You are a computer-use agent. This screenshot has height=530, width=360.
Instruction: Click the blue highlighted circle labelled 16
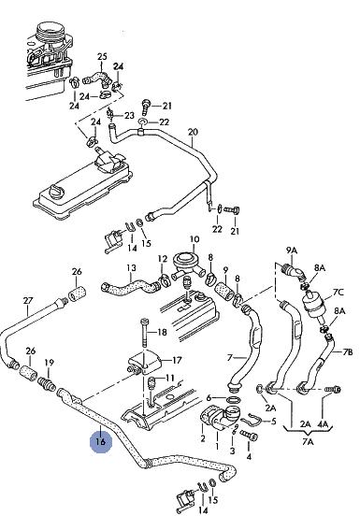pyautogui.click(x=101, y=441)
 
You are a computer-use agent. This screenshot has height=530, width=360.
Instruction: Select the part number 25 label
pyautogui.click(x=102, y=56)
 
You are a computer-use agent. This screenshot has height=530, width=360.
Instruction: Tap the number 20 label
pyautogui.click(x=193, y=132)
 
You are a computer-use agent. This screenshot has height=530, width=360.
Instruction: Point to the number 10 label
pyautogui.click(x=194, y=239)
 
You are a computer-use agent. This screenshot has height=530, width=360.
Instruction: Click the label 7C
pyautogui.click(x=338, y=292)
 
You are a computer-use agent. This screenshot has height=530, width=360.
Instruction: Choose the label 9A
pyautogui.click(x=292, y=251)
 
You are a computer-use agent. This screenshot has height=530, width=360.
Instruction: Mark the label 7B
pyautogui.click(x=348, y=351)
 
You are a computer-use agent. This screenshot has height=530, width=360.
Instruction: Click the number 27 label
pyautogui.click(x=28, y=300)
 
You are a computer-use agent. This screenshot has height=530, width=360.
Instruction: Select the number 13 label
pyautogui.click(x=132, y=267)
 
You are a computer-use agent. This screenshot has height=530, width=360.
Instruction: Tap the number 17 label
pyautogui.click(x=177, y=360)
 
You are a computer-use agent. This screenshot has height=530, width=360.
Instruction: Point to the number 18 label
pyautogui.click(x=163, y=332)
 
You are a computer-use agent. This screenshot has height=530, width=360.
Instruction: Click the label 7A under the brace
pyautogui.click(x=308, y=441)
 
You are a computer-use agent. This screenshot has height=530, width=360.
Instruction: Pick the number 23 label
pyautogui.click(x=129, y=116)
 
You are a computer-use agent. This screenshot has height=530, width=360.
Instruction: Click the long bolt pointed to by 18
pyautogui.click(x=144, y=333)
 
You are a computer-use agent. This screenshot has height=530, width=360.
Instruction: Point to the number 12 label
pyautogui.click(x=163, y=259)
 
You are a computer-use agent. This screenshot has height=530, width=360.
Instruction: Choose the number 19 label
pyautogui.click(x=50, y=363)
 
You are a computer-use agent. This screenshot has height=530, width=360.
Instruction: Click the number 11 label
pyautogui.click(x=170, y=378)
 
